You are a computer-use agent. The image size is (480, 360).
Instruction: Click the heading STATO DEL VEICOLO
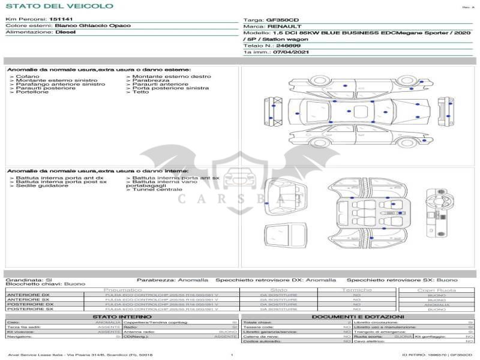click(x=59, y=6)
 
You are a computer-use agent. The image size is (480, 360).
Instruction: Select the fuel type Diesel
click(x=65, y=32)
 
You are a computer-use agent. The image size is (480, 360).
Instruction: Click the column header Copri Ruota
click(x=437, y=290)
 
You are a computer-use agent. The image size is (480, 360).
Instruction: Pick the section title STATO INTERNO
click(x=118, y=316)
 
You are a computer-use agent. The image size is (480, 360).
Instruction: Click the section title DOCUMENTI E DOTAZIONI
click(x=358, y=316)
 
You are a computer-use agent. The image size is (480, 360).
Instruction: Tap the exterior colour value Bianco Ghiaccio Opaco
click(x=88, y=26)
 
